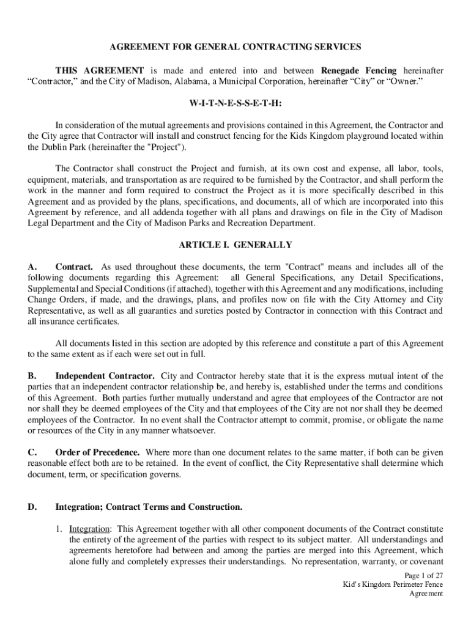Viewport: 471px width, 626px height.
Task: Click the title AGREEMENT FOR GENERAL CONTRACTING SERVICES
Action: (235, 46)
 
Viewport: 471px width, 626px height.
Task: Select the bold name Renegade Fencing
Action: (359, 70)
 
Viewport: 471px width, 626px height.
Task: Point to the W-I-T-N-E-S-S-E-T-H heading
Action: (236, 103)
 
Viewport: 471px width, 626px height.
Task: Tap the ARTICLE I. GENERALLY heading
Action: (235, 245)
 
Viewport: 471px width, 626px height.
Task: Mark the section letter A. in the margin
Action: (33, 267)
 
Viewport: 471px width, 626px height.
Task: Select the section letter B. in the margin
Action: (33, 375)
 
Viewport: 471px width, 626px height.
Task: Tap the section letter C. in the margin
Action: (33, 452)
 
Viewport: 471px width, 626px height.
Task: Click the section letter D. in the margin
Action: (33, 507)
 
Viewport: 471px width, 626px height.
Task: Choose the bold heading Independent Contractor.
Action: (105, 375)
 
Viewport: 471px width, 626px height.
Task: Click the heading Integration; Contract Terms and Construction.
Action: (149, 507)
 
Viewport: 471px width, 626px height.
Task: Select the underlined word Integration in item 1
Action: (89, 529)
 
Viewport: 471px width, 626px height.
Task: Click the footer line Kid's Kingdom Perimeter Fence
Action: (392, 584)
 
